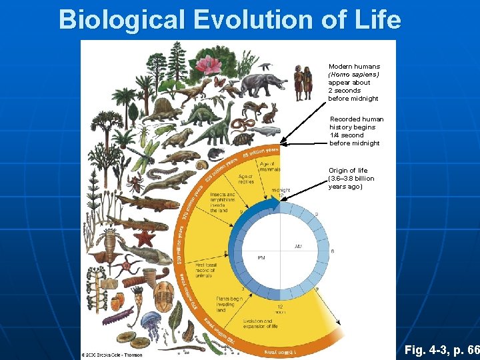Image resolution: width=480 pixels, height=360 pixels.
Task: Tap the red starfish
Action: [145, 237]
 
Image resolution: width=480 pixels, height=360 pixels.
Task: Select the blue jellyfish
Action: [152, 323]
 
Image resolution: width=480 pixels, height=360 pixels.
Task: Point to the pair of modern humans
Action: [303, 81]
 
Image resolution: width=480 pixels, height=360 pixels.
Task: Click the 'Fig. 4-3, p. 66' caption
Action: [441, 349]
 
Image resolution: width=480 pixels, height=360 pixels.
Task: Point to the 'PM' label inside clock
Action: [263, 257]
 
